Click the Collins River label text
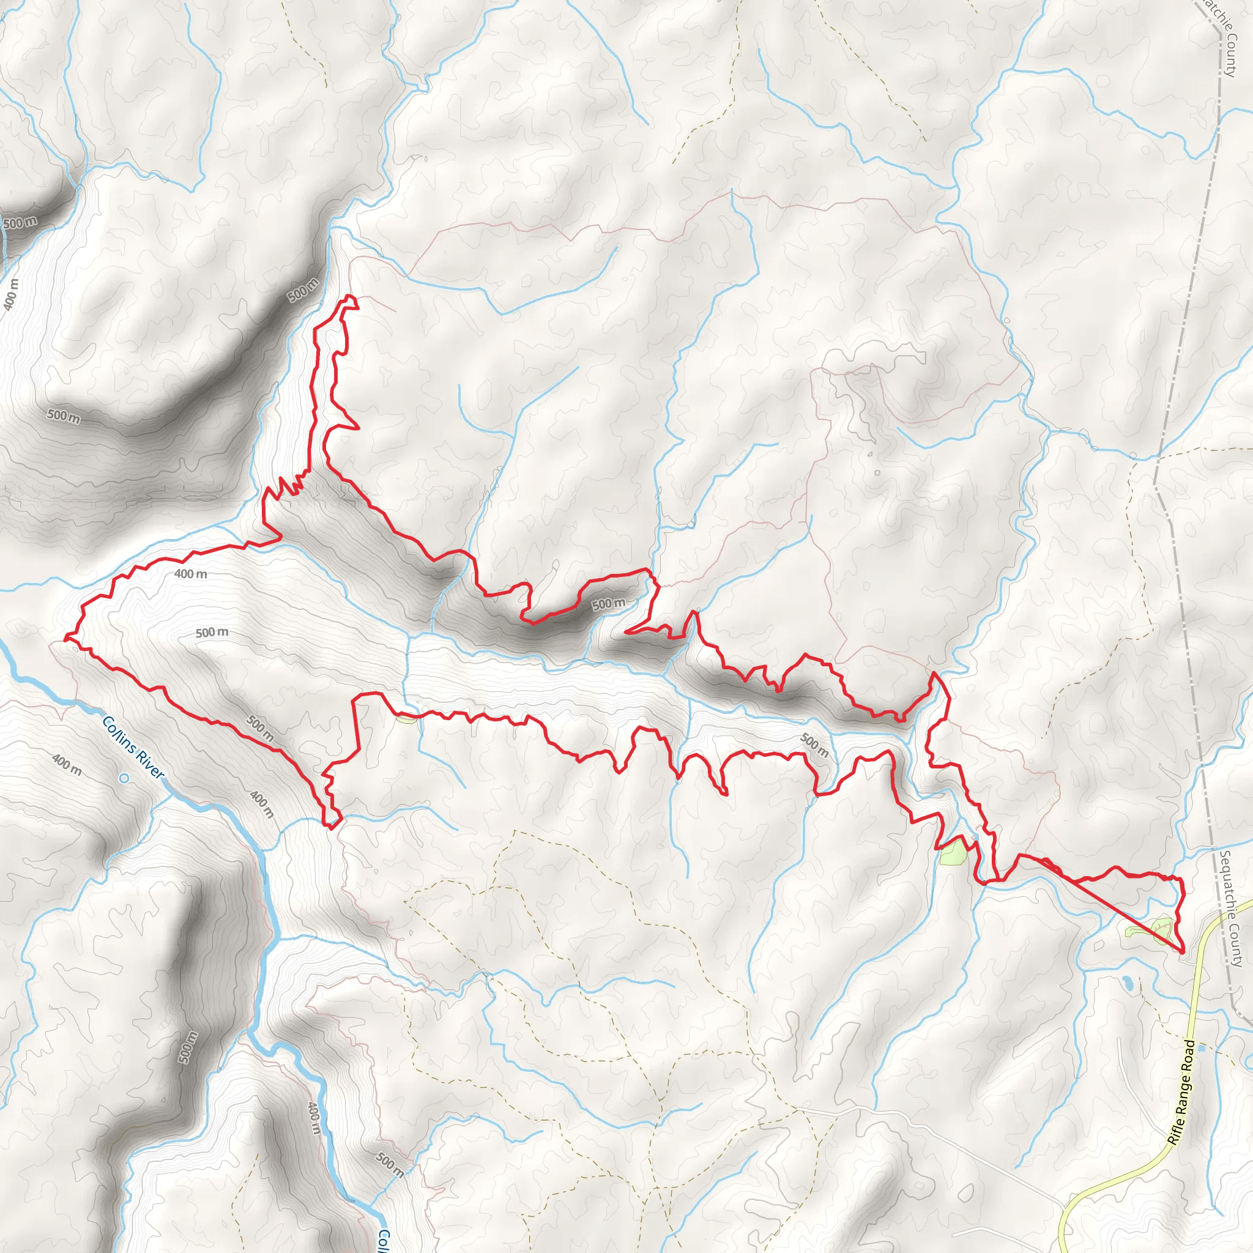133,747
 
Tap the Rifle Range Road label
1180,1093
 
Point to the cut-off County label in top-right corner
1222,35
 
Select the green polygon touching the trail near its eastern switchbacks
953,852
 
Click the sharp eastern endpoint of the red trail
1181,952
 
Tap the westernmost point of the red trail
65,639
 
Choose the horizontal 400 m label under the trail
191,574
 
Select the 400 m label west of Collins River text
67,765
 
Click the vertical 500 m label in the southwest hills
187,1047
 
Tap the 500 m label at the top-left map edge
20,223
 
